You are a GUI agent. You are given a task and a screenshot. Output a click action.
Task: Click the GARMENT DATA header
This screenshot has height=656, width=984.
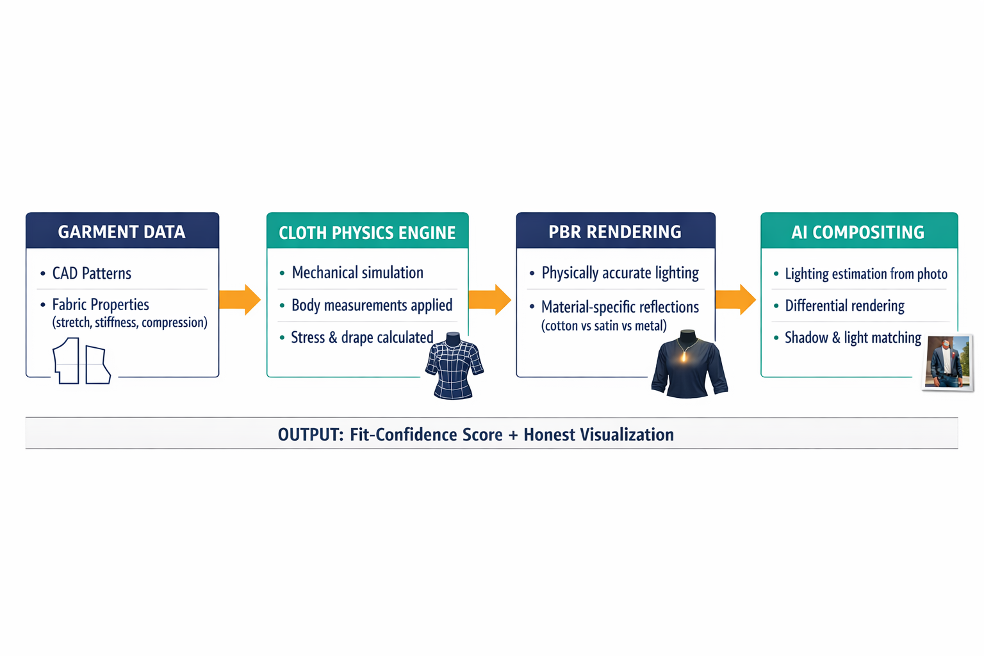click(x=122, y=232)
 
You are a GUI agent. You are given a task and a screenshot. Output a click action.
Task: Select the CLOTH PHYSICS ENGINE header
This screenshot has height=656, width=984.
click(x=367, y=233)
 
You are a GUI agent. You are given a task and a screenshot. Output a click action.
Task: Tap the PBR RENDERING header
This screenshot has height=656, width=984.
click(x=615, y=232)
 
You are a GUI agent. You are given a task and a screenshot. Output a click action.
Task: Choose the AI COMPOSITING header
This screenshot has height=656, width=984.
click(x=858, y=233)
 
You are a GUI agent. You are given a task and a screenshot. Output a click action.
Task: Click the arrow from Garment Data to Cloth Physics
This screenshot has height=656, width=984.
click(x=240, y=300)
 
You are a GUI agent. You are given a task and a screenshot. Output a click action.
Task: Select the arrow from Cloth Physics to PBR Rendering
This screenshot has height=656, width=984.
click(x=490, y=300)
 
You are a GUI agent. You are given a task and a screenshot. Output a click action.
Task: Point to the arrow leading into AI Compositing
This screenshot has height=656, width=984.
click(x=736, y=300)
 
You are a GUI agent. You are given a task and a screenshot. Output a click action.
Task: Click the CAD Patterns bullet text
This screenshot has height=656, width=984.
click(x=92, y=274)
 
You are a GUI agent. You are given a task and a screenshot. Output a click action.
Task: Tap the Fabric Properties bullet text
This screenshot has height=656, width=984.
click(x=101, y=304)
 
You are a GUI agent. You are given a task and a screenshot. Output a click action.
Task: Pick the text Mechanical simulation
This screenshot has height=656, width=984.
click(x=357, y=273)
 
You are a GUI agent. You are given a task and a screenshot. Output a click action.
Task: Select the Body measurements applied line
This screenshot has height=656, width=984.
click(x=372, y=305)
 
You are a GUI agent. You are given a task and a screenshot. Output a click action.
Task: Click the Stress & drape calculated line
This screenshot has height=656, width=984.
click(x=362, y=338)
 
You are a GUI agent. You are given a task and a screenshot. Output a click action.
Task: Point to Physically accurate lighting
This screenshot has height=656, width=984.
click(x=620, y=273)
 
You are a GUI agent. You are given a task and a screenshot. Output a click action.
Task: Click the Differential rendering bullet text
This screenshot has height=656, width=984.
click(x=845, y=306)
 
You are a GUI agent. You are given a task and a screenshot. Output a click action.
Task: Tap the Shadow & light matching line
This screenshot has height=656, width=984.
click(x=853, y=338)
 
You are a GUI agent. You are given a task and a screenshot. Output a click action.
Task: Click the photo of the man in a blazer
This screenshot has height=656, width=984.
click(x=947, y=363)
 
